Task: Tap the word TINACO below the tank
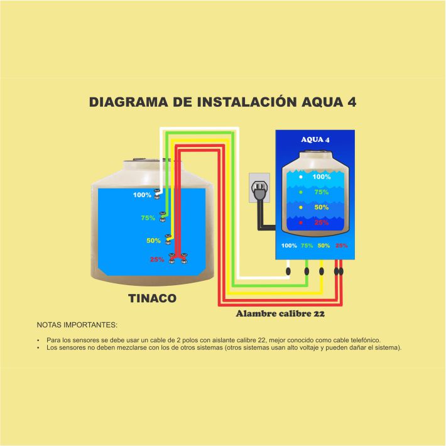coord(153,299)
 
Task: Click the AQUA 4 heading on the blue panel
coord(315,139)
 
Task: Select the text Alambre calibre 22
coord(280,312)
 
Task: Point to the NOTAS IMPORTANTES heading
coord(77,326)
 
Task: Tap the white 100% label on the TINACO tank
coord(142,195)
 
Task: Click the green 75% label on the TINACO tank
coord(148,219)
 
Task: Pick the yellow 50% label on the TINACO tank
coord(153,241)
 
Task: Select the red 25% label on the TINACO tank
coord(156,259)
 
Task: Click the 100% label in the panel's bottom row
coord(289,246)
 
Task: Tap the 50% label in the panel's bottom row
coord(324,246)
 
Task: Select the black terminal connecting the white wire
coord(288,271)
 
